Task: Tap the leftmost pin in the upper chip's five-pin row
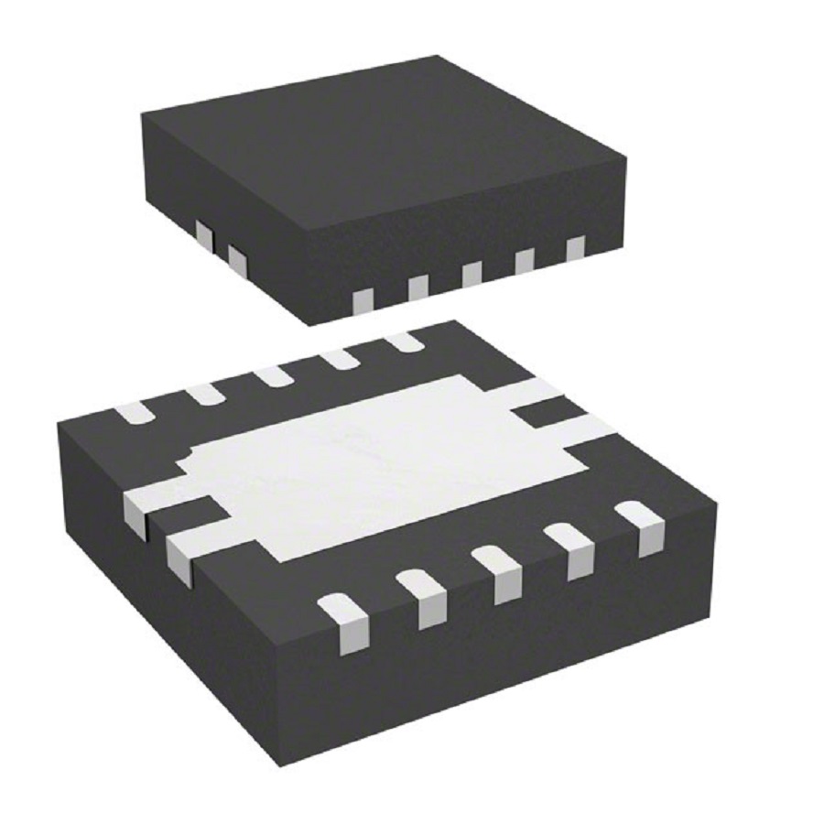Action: pyautogui.click(x=363, y=301)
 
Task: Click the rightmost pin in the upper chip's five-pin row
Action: pyautogui.click(x=575, y=249)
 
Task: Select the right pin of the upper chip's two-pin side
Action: pyautogui.click(x=237, y=260)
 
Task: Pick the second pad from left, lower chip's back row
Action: pyautogui.click(x=204, y=394)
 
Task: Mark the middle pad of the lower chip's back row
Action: pyautogui.click(x=272, y=375)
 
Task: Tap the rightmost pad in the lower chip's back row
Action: pyautogui.click(x=404, y=342)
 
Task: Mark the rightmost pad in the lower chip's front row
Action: pyautogui.click(x=645, y=528)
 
